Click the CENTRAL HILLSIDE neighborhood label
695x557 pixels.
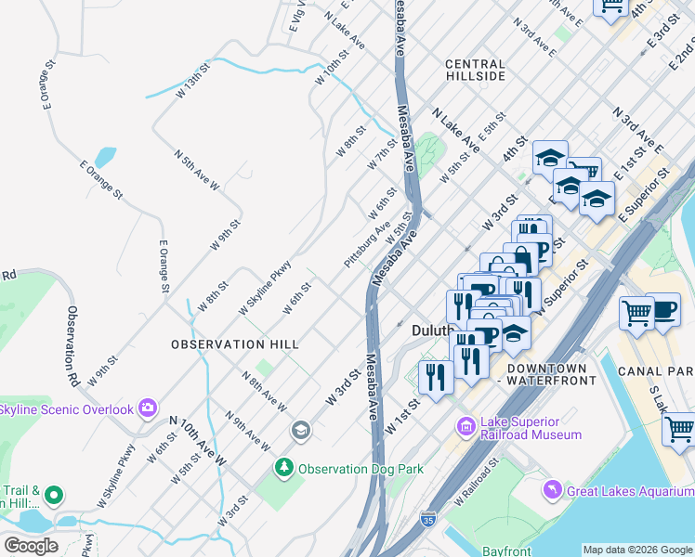pyautogui.click(x=475, y=71)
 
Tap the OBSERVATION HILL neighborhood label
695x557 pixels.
pyautogui.click(x=235, y=344)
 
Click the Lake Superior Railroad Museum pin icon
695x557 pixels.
pyautogui.click(x=466, y=427)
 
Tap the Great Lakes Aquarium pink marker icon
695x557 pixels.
pyautogui.click(x=553, y=488)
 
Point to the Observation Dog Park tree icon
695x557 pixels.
pyautogui.click(x=285, y=470)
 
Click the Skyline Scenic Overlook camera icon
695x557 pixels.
pyautogui.click(x=147, y=408)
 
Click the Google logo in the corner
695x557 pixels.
pyautogui.click(x=30, y=546)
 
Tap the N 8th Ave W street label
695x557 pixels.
pyautogui.click(x=264, y=393)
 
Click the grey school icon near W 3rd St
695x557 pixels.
pyautogui.click(x=300, y=430)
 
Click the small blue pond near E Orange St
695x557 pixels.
pyautogui.click(x=105, y=157)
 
